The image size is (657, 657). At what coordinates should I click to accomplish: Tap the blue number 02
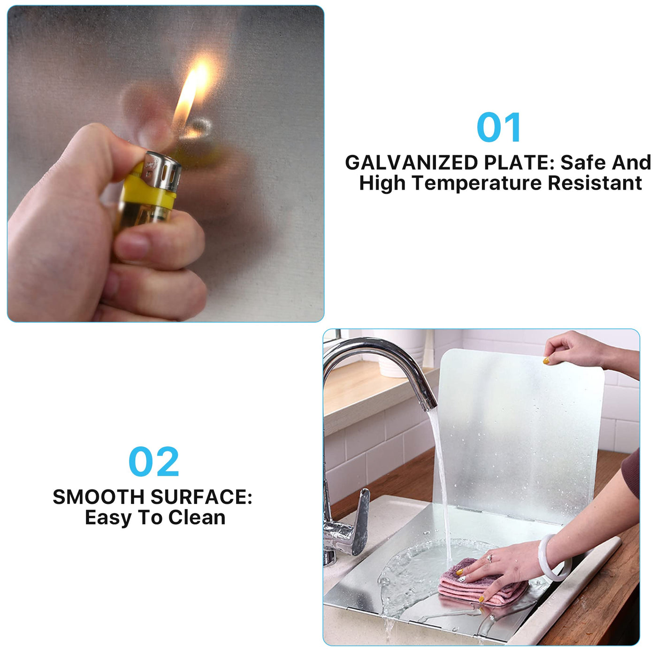pyautogui.click(x=154, y=462)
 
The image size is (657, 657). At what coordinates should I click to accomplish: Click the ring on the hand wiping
pyautogui.click(x=490, y=558)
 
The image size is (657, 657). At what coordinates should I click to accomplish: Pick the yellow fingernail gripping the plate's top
pyautogui.click(x=546, y=360)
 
